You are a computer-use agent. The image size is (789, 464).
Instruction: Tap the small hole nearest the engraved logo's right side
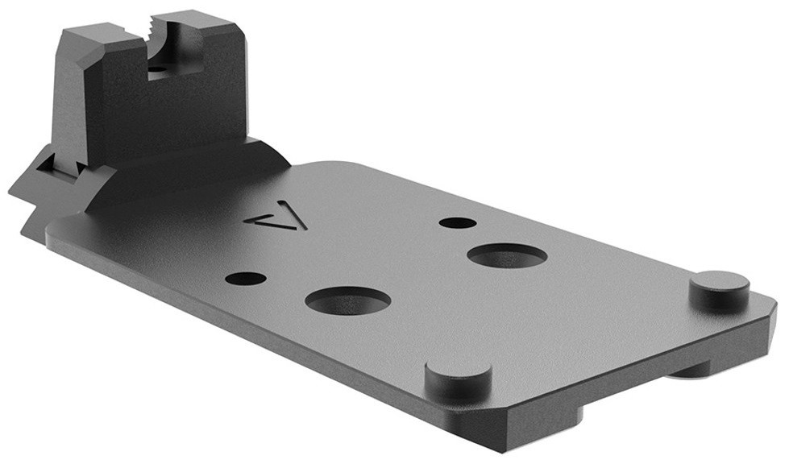click(457, 222)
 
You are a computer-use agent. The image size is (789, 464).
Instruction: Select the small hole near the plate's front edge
click(246, 278)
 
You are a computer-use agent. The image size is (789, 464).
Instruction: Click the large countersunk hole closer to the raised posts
click(507, 255)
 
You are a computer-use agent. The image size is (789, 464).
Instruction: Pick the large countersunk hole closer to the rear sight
click(348, 300)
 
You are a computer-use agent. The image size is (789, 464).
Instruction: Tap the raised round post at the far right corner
click(720, 288)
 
